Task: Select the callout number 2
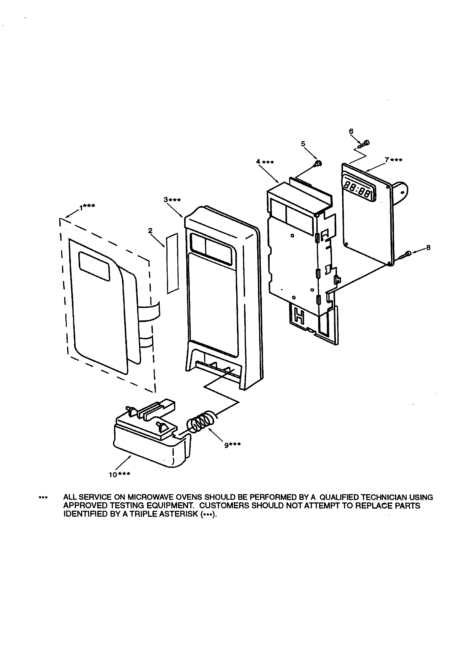coord(150,231)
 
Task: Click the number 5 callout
coord(303,144)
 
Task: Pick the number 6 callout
coord(351,131)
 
